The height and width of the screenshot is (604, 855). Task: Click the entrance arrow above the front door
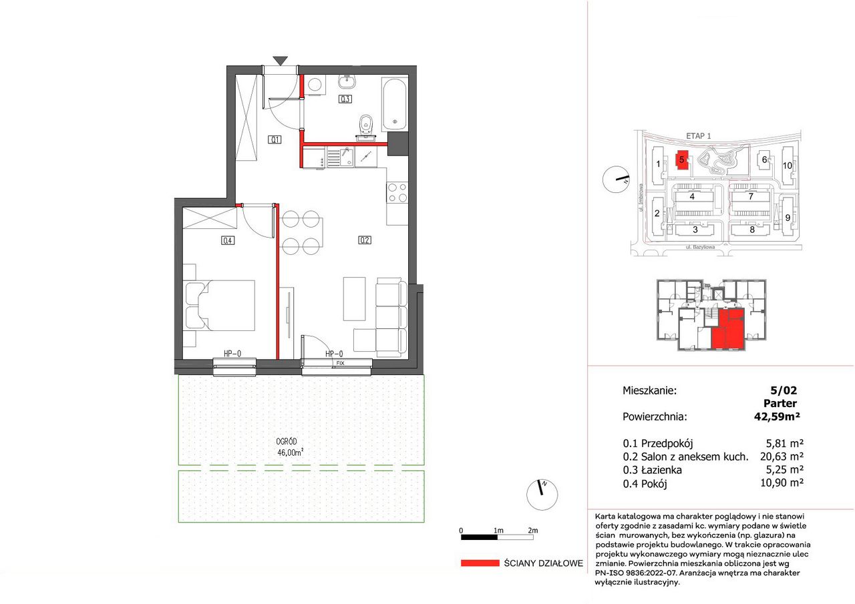(x=281, y=61)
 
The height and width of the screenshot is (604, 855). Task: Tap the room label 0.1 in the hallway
(x=275, y=139)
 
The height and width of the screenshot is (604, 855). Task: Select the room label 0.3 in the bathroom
(x=345, y=99)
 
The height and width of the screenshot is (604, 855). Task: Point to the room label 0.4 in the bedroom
(x=228, y=241)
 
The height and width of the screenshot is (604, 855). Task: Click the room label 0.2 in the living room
(x=365, y=240)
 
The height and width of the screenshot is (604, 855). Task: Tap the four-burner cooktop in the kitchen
(x=397, y=193)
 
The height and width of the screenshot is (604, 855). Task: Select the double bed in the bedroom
(x=220, y=306)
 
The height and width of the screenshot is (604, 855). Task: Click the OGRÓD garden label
(x=287, y=442)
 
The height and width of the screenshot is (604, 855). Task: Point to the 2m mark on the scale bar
(x=532, y=530)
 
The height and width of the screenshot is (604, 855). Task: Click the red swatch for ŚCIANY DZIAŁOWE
(x=480, y=563)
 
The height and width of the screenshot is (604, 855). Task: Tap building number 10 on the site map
(x=788, y=166)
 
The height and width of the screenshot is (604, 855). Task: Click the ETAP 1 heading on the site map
(x=699, y=135)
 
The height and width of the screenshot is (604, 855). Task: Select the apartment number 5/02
(x=784, y=390)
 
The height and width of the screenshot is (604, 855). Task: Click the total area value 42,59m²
(x=777, y=416)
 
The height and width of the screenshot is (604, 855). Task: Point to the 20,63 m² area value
(x=782, y=456)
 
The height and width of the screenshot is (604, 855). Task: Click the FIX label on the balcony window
(x=340, y=363)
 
